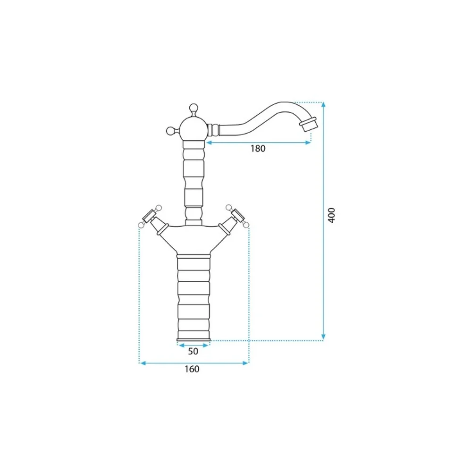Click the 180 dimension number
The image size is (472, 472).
click(x=258, y=149)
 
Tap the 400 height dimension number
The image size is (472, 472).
click(x=331, y=215)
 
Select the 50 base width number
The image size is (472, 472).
click(x=193, y=351)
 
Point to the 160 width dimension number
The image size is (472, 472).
click(x=192, y=369)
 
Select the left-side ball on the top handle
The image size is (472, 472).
click(x=170, y=131)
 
